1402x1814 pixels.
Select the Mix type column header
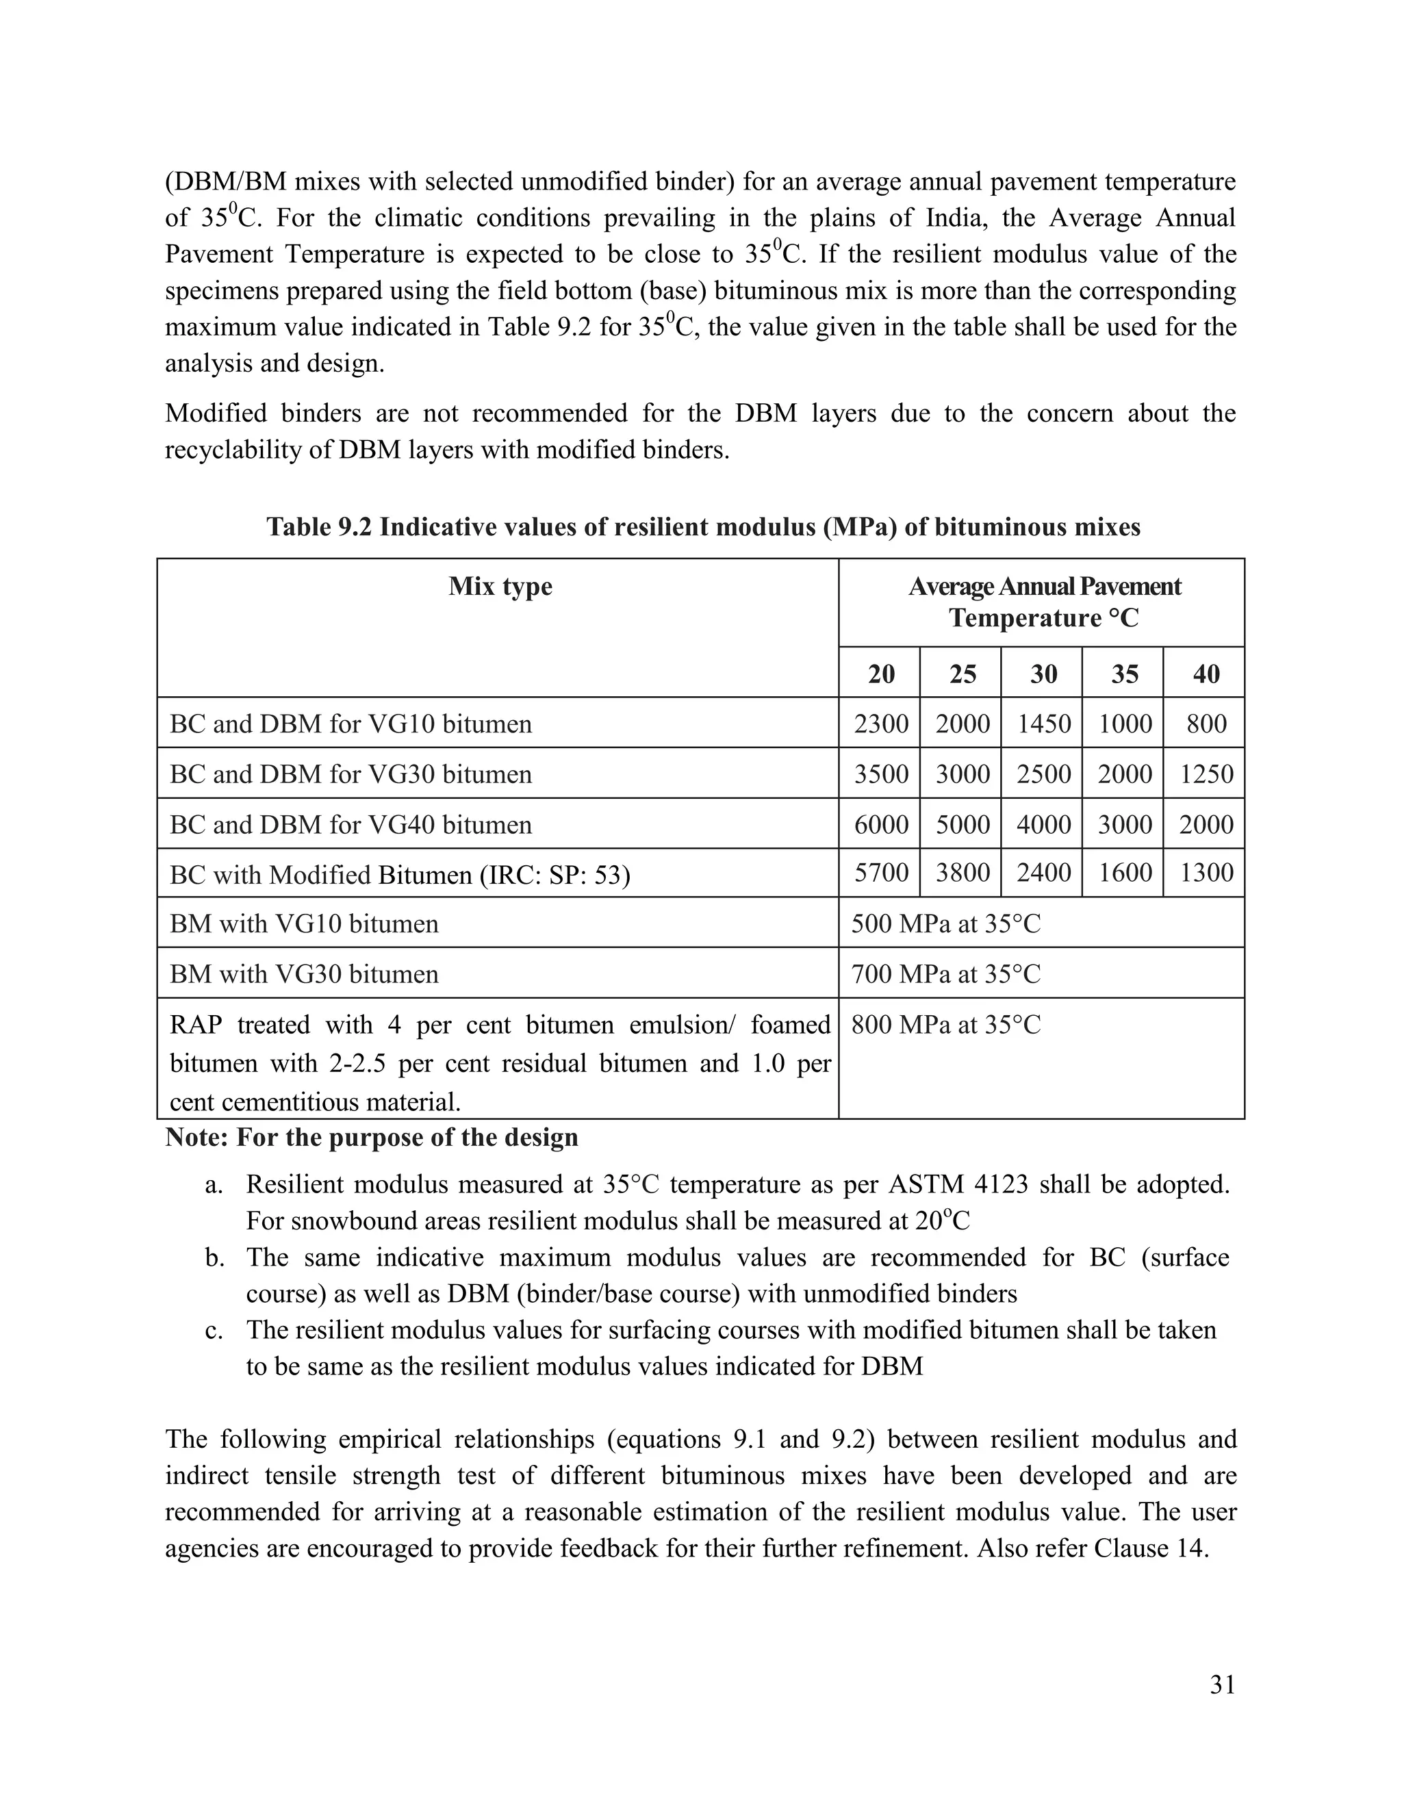pos(500,587)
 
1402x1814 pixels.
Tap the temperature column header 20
pos(880,674)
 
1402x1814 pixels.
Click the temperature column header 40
pos(1205,674)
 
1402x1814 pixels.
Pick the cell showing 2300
pos(880,724)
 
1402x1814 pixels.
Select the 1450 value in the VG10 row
pos(1043,724)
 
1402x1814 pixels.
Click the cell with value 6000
pos(880,824)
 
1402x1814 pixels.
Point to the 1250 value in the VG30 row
pos(1205,774)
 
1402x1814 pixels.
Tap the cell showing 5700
pos(880,873)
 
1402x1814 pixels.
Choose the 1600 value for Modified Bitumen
pos(1124,873)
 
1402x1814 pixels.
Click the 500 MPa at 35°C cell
pos(945,923)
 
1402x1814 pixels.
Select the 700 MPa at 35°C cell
pos(945,973)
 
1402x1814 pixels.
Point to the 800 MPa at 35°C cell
pos(945,1025)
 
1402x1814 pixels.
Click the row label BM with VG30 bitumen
pos(304,973)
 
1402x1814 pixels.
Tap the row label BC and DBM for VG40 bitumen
pos(350,824)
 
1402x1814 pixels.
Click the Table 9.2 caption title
pos(702,526)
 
